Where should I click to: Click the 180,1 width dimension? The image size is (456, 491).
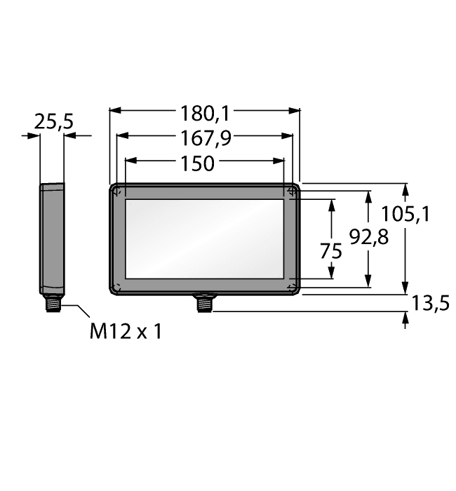coord(205,112)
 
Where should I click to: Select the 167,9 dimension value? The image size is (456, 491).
coord(205,138)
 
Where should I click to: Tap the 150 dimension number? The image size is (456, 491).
coord(198,163)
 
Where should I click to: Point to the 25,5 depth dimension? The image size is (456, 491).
coord(53,123)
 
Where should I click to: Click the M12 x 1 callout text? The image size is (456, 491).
coord(126,331)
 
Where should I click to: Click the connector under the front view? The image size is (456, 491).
coord(205,303)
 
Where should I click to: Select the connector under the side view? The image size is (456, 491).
coord(53,302)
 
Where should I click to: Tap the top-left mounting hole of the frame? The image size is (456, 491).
coord(118,191)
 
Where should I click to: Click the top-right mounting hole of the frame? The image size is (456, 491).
coord(291,191)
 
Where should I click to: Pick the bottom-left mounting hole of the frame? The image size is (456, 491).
coord(118,287)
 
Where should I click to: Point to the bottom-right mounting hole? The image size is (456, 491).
coord(291,287)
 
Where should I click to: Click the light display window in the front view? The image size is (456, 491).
coord(204,238)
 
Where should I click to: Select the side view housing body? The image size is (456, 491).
coord(52,238)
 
